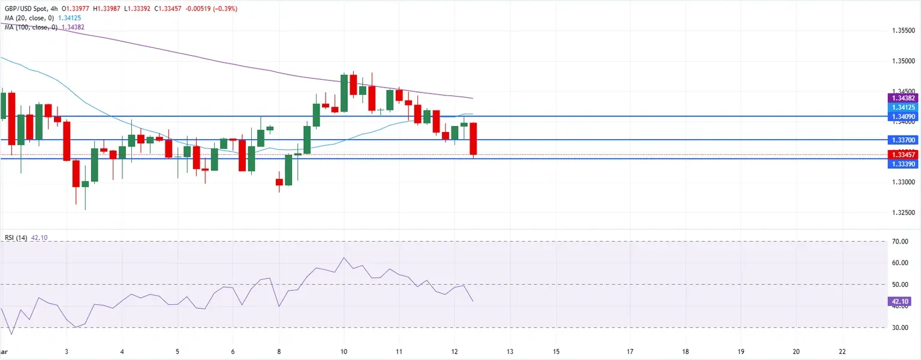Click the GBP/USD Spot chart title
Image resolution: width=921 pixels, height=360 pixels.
point(30,8)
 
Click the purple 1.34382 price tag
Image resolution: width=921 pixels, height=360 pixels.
point(903,98)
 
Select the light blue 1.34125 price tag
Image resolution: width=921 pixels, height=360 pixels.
point(903,107)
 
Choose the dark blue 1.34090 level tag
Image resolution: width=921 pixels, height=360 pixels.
point(903,116)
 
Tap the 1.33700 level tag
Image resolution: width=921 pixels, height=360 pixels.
point(903,140)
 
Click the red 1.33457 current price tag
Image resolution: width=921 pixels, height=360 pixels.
point(903,155)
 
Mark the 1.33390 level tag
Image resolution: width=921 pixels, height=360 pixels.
point(903,164)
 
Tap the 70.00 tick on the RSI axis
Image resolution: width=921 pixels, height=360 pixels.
point(900,242)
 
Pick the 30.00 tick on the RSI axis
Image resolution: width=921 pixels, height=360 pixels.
point(900,328)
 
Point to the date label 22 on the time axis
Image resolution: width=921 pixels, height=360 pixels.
point(842,351)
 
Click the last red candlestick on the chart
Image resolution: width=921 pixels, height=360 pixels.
point(473,139)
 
